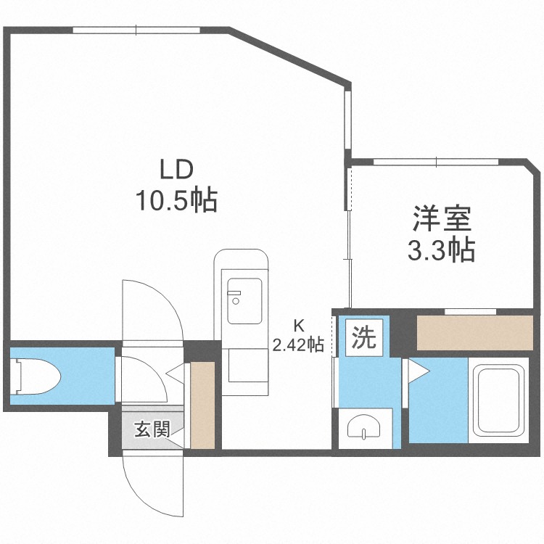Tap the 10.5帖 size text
[176, 199]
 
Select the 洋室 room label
[442, 218]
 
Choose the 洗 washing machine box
[364, 337]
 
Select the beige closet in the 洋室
[475, 333]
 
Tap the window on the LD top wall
[136, 30]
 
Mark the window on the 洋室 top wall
[436, 162]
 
